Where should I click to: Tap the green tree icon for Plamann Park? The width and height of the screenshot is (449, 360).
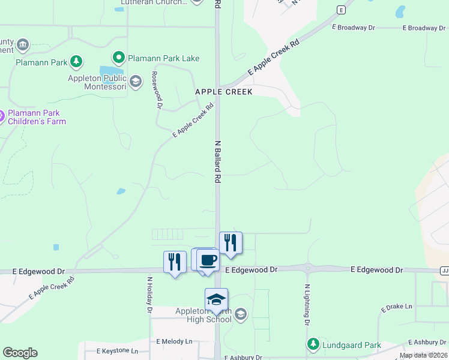click(76, 61)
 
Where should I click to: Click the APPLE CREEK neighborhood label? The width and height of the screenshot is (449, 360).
click(223, 92)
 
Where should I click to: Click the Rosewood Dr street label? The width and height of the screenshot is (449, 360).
click(157, 90)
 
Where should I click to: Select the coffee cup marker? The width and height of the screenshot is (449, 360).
click(208, 260)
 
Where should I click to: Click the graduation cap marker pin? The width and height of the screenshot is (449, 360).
click(216, 299)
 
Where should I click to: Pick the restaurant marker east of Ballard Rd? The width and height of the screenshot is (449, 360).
click(231, 243)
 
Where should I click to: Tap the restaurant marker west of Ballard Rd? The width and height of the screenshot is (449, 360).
click(175, 262)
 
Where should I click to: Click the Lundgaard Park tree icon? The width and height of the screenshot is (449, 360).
click(313, 344)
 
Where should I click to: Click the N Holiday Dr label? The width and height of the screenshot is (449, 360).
click(149, 294)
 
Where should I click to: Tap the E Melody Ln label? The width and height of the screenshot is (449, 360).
click(174, 341)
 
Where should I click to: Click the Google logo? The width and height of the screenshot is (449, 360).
click(20, 353)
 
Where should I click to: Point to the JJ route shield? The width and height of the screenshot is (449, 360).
click(444, 271)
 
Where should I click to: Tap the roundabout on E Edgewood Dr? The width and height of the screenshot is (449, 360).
click(308, 269)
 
